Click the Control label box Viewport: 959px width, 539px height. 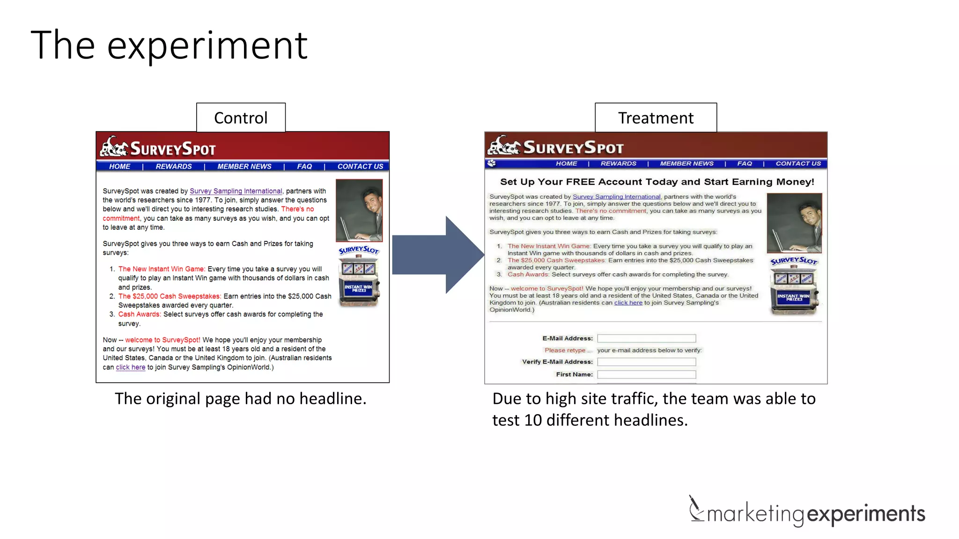pos(241,117)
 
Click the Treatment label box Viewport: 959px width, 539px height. pos(656,117)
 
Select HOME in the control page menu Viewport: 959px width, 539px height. pos(120,167)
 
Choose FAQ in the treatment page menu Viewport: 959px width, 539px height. pos(744,164)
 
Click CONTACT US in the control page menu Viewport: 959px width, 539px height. pos(360,167)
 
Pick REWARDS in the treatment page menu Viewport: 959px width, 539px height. pos(618,164)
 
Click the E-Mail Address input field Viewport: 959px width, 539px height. pos(646,338)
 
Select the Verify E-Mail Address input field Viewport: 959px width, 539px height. pos(646,362)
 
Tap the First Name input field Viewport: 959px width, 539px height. pos(646,374)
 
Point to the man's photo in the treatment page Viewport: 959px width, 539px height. pos(794,223)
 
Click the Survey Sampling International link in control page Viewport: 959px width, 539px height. pos(236,191)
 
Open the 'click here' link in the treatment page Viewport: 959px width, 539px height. pos(628,303)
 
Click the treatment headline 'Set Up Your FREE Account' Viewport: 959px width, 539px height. pos(657,182)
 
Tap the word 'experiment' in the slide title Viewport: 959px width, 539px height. pos(207,45)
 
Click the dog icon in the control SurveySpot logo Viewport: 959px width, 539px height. pos(114,146)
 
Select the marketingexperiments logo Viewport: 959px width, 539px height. pos(806,513)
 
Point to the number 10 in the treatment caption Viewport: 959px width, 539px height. pos(533,420)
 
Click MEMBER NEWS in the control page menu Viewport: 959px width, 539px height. pos(244,167)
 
